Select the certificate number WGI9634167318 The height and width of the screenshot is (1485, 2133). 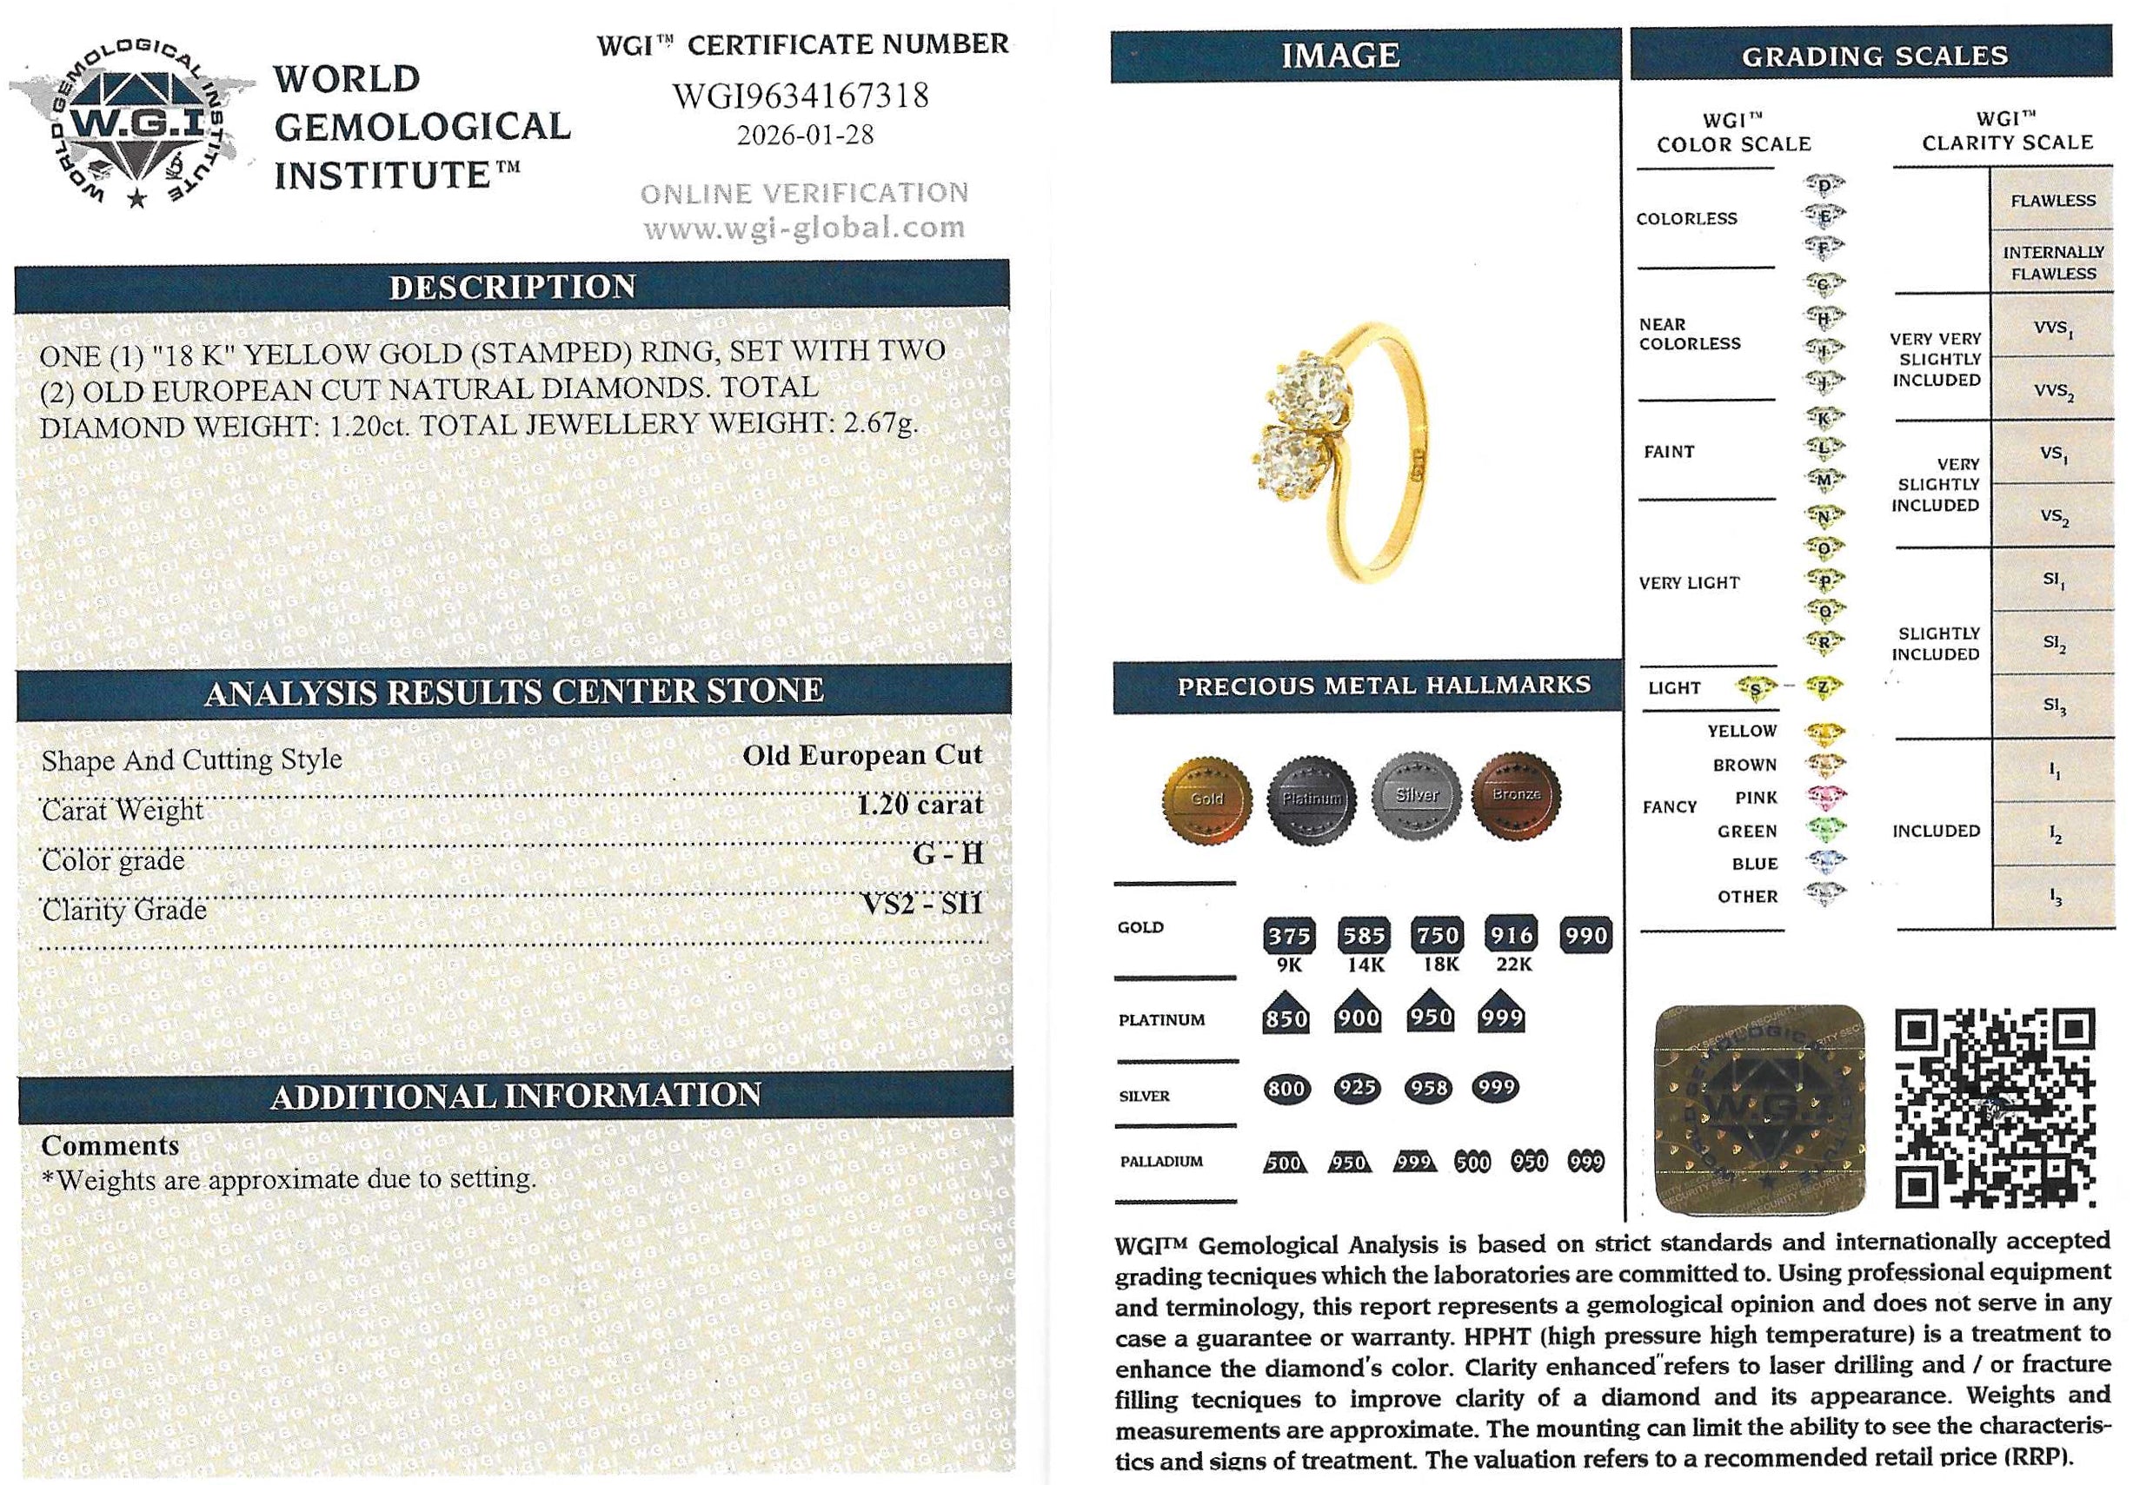point(800,96)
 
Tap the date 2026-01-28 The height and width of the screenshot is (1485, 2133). point(805,136)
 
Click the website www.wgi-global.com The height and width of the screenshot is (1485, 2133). point(805,228)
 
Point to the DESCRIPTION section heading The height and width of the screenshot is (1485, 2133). point(512,287)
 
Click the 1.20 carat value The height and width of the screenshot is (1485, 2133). point(919,805)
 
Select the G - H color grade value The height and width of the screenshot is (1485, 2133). point(947,854)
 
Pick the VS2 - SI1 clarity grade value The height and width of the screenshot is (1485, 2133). point(922,904)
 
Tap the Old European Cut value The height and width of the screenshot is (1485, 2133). point(861,755)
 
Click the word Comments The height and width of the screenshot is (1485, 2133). point(110,1146)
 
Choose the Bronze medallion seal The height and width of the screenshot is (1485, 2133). point(1516,796)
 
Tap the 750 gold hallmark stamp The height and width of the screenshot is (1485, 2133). point(1437,935)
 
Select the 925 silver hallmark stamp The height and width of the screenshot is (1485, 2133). point(1358,1088)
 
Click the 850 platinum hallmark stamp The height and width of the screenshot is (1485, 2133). point(1286,1018)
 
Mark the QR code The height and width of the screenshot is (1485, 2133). point(1995,1109)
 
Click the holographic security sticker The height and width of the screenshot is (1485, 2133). point(1759,1109)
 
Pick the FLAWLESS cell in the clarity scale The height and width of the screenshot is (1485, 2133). point(2052,201)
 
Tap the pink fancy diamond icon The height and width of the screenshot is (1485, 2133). point(1824,798)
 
